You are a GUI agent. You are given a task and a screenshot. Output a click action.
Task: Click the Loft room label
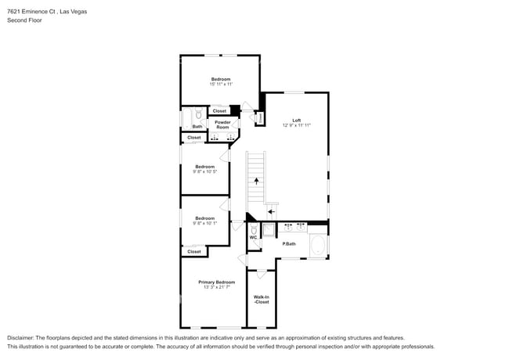tap(297, 120)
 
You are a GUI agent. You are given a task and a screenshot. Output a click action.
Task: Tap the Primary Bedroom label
tap(216, 282)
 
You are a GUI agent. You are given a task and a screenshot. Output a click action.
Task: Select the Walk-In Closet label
tap(261, 299)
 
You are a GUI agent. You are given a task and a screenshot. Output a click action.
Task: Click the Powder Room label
tap(222, 124)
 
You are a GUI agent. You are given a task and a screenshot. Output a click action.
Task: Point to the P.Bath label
tap(289, 243)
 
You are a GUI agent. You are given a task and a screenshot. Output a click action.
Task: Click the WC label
tap(253, 237)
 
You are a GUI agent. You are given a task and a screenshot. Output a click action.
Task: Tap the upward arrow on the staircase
tap(256, 180)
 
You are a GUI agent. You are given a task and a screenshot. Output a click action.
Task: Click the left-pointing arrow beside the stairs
tap(271, 211)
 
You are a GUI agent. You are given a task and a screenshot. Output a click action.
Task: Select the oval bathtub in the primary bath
tap(318, 246)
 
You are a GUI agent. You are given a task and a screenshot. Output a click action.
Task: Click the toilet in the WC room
tap(254, 229)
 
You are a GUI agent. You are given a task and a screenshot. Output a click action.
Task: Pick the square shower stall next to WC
tap(269, 229)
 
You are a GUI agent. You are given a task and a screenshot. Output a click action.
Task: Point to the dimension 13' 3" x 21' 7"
tap(216, 287)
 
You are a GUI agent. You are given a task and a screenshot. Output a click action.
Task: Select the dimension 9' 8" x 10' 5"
tap(205, 171)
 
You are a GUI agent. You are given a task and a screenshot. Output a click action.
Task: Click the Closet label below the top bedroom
tap(219, 111)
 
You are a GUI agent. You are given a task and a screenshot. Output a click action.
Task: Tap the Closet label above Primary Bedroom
tap(193, 251)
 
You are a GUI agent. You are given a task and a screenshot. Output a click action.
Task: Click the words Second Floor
tap(24, 20)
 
